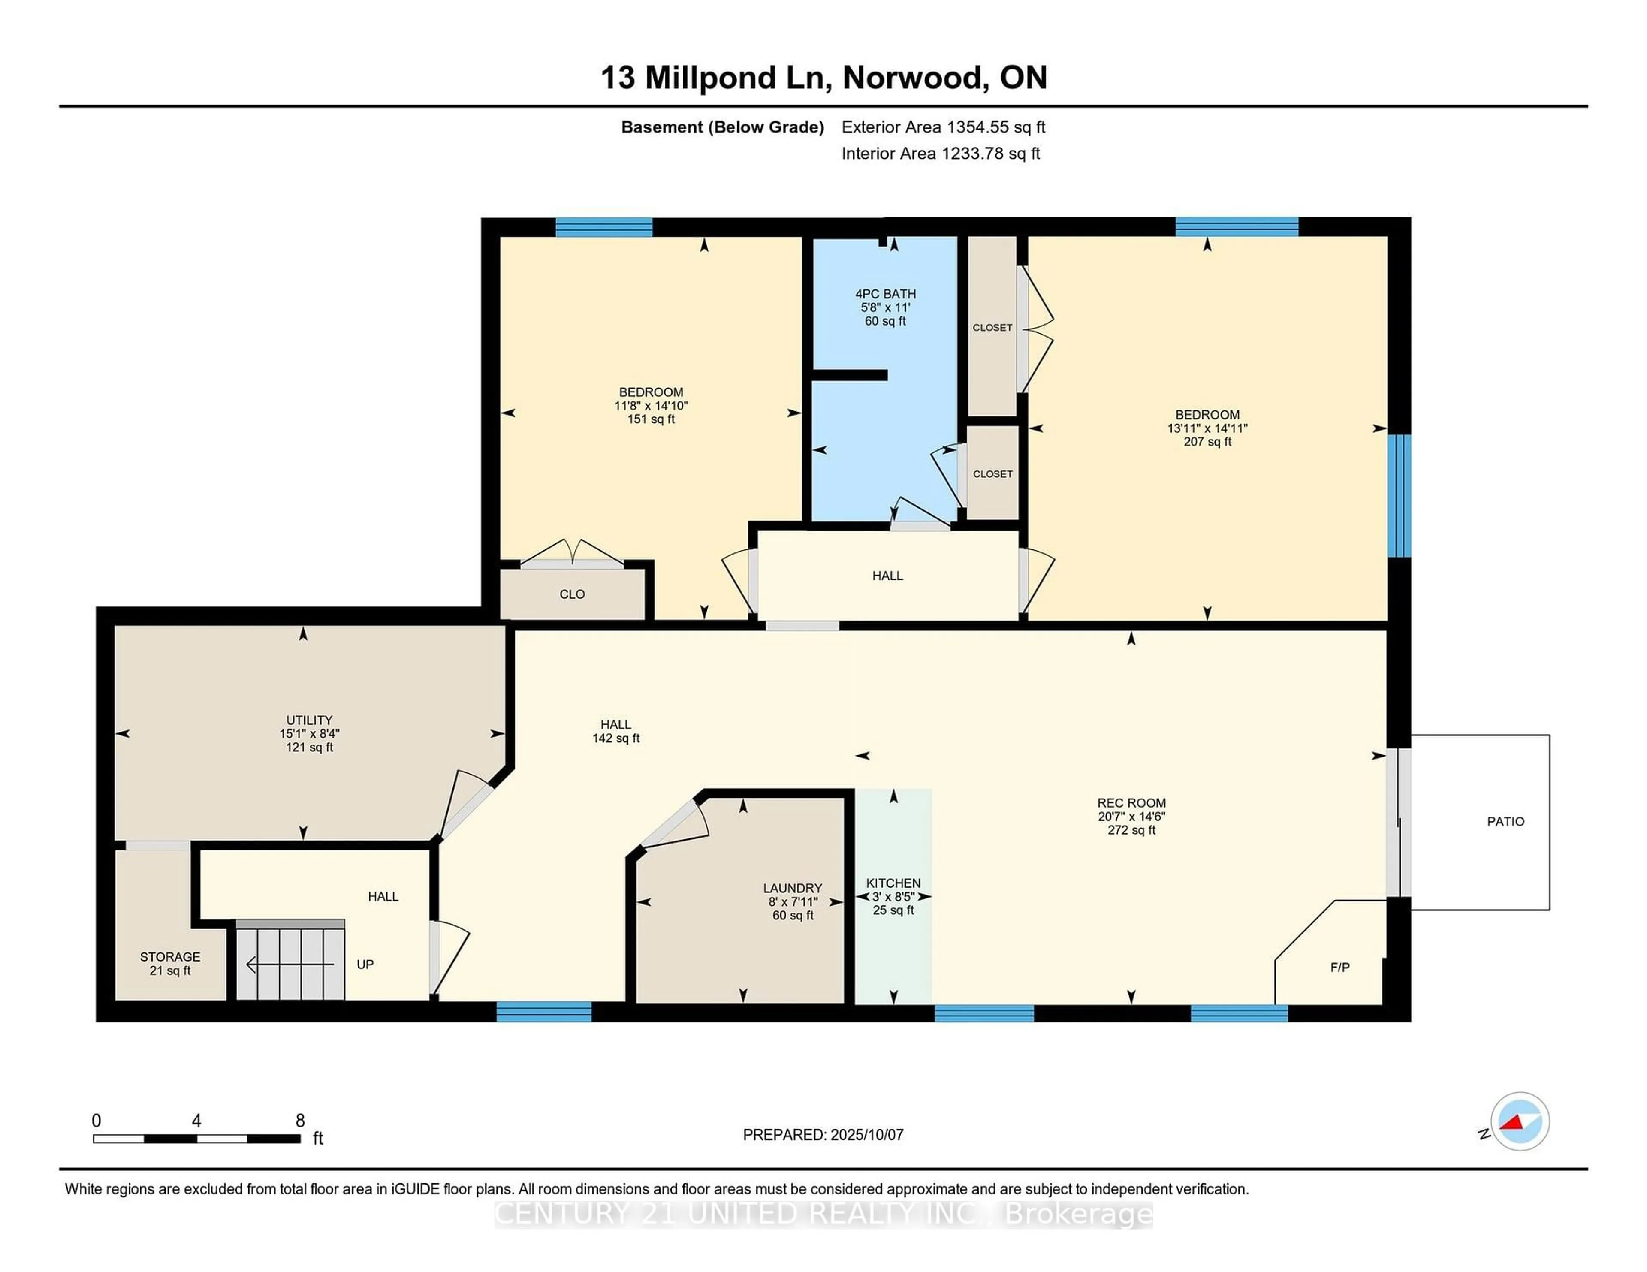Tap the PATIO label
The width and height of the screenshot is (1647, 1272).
click(x=1505, y=822)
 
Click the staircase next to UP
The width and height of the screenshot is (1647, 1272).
click(x=290, y=960)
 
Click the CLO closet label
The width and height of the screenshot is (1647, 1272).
click(x=573, y=594)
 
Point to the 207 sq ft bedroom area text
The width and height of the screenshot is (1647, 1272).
click(x=1207, y=442)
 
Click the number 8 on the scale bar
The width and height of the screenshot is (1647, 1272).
click(x=300, y=1121)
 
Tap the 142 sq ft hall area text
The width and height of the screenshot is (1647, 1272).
click(x=616, y=738)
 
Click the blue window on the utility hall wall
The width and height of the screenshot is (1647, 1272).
click(x=544, y=1011)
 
